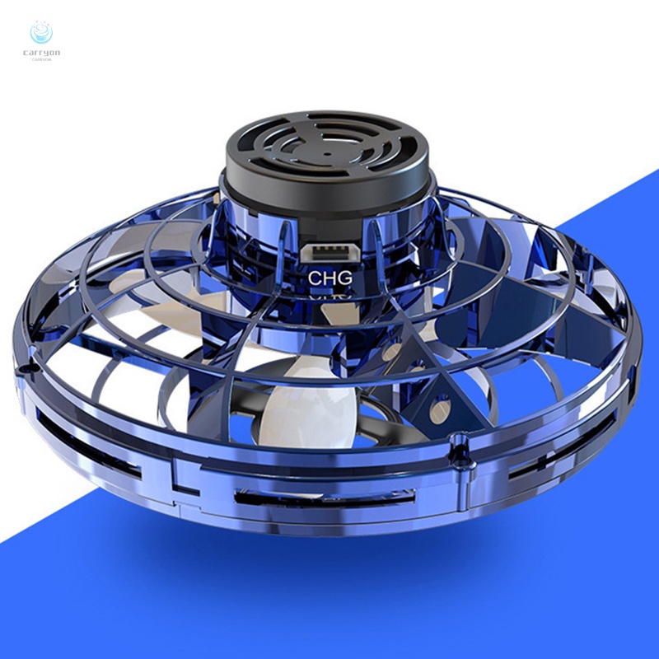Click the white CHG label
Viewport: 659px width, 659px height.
point(330,278)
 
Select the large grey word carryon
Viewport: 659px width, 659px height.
point(40,53)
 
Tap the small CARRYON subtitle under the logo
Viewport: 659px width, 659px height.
point(40,60)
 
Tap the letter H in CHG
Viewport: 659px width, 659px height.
point(330,278)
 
